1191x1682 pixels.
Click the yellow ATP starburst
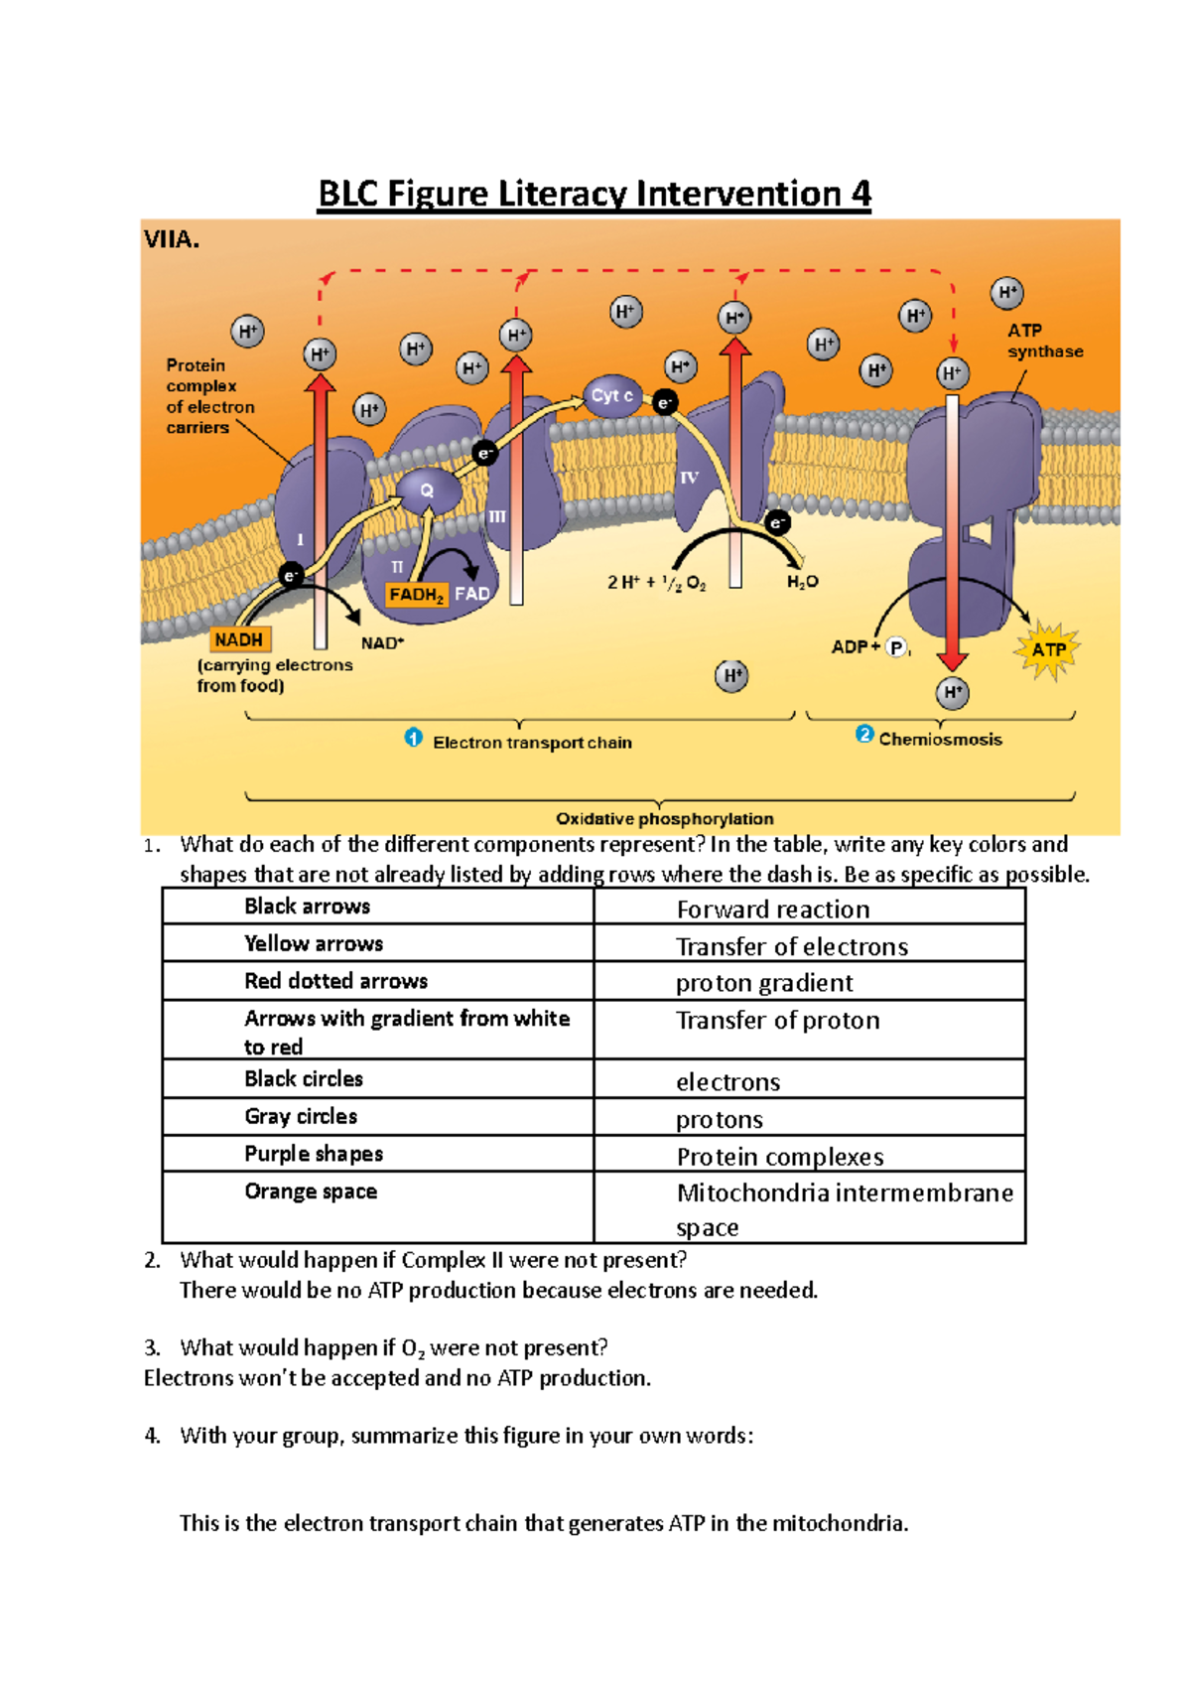coord(1047,650)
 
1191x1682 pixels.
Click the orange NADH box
coord(239,640)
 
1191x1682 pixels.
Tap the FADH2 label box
coord(417,595)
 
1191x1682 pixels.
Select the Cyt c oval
coord(612,396)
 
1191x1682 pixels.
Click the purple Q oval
coord(428,491)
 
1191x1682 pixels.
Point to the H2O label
coord(803,582)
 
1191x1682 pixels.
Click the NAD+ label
coord(382,643)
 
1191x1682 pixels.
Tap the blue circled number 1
coord(414,738)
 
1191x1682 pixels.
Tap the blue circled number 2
coord(864,735)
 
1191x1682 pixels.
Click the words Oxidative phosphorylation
coord(664,819)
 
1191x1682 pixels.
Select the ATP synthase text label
coord(1044,341)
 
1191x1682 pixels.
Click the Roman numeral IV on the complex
coord(689,479)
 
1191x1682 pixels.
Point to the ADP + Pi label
coord(869,647)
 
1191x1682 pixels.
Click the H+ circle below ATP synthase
coord(952,693)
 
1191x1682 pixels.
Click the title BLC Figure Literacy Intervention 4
coord(594,193)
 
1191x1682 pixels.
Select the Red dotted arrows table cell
coord(378,981)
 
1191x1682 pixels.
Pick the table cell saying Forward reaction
coord(809,909)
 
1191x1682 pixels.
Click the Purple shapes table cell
coord(378,1154)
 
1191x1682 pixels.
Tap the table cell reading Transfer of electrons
coord(809,946)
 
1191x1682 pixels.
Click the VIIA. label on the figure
coord(172,239)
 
